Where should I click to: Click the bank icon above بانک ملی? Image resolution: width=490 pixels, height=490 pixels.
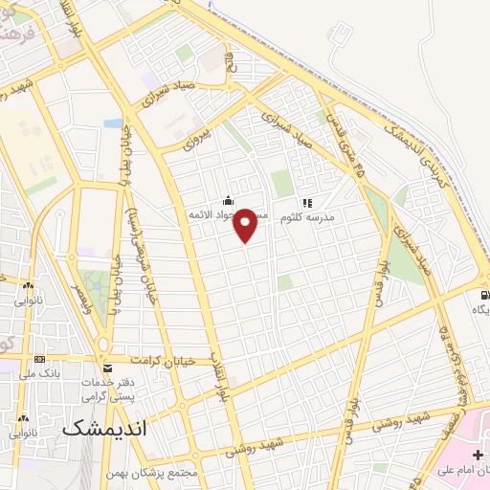(x=38, y=358)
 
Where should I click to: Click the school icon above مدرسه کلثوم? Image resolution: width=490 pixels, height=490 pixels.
(x=306, y=203)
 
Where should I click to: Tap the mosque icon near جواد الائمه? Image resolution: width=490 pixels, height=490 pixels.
(x=228, y=201)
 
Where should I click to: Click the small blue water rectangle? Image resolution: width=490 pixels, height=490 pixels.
(x=113, y=123)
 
